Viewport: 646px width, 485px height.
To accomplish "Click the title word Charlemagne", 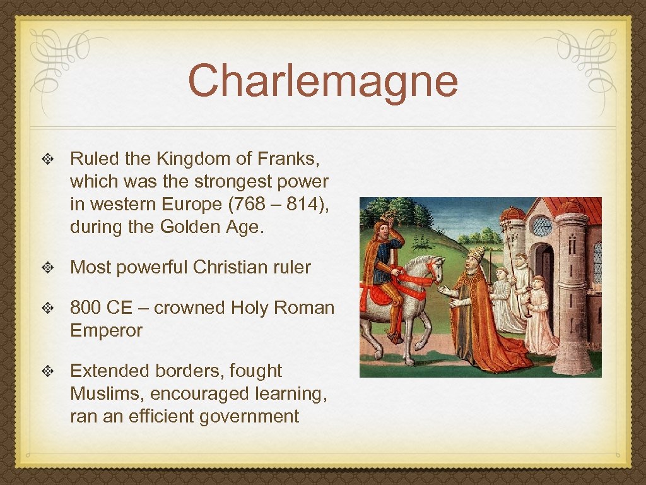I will [x=322, y=80].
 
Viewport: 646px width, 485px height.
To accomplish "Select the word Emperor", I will [x=106, y=330].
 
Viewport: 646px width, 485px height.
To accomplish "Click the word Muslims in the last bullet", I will [x=107, y=393].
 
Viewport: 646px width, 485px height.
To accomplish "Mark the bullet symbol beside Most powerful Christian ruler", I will [x=49, y=267].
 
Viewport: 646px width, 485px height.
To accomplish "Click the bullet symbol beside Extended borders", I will [x=49, y=371].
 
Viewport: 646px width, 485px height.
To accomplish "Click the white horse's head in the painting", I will [x=434, y=268].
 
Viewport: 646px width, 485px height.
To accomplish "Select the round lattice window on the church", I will [x=542, y=225].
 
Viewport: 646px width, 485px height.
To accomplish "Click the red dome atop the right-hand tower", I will [x=571, y=208].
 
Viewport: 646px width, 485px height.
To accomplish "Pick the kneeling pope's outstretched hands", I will [x=446, y=292].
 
